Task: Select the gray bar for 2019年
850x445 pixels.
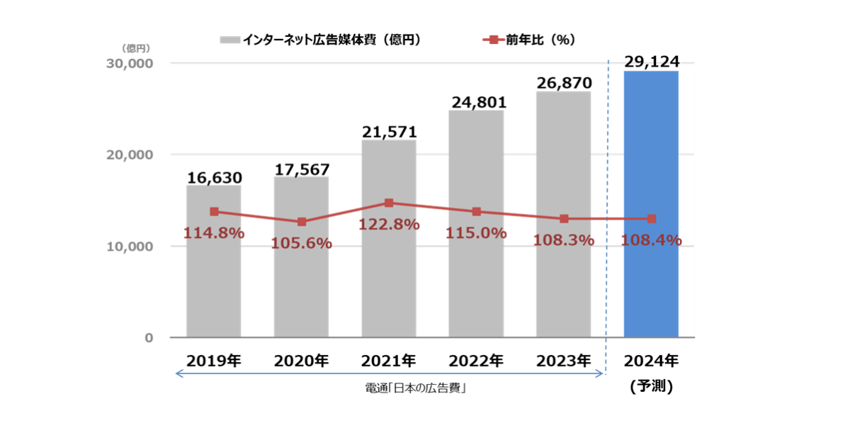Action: (x=214, y=283)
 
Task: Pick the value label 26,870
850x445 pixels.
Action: (x=564, y=83)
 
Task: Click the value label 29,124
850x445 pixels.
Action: (x=651, y=62)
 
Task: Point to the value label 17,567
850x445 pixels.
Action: (x=302, y=170)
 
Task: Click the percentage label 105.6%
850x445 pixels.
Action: (x=302, y=243)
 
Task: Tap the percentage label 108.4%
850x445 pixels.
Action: (x=651, y=240)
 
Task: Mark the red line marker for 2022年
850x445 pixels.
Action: (x=477, y=211)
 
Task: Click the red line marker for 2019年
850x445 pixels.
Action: (x=214, y=211)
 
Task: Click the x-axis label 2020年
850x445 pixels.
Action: (x=302, y=361)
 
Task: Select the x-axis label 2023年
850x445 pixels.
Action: (x=564, y=361)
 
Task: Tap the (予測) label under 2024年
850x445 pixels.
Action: (x=651, y=387)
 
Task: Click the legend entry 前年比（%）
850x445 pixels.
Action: (x=528, y=40)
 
